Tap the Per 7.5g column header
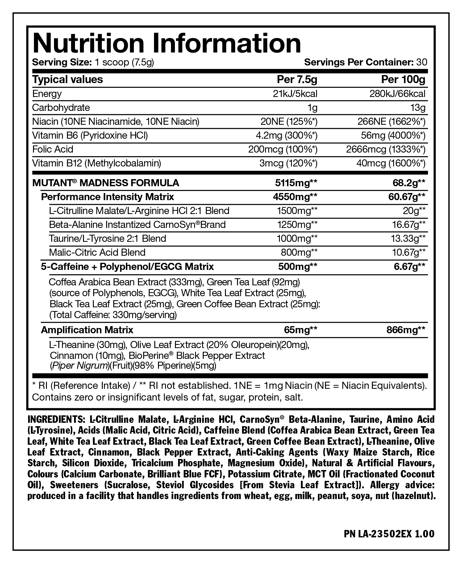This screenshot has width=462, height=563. pyautogui.click(x=297, y=80)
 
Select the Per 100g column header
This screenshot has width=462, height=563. pyautogui.click(x=403, y=80)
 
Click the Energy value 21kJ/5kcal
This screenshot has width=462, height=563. pyautogui.click(x=295, y=94)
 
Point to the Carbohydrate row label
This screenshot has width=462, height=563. pyautogui.click(x=61, y=107)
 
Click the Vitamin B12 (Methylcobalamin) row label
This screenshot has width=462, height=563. pyautogui.click(x=97, y=163)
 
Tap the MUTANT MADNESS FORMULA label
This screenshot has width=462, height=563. pyautogui.click(x=106, y=183)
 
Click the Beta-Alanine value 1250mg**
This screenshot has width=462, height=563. pyautogui.click(x=297, y=225)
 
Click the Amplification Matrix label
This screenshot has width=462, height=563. pyautogui.click(x=87, y=330)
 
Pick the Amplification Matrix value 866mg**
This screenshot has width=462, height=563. pyautogui.click(x=406, y=330)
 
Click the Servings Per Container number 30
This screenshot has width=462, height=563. pyautogui.click(x=422, y=62)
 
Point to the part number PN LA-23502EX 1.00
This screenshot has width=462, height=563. pyautogui.click(x=389, y=534)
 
